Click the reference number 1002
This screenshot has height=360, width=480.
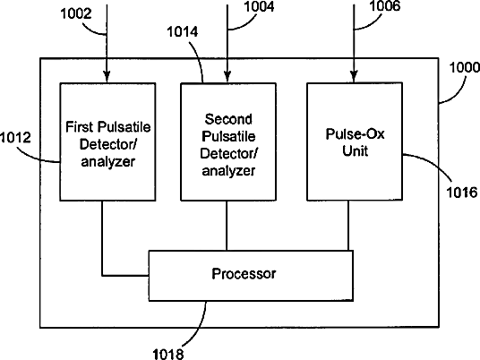(x=76, y=13)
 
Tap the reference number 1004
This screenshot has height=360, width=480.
(x=259, y=6)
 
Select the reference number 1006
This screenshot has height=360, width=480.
(x=385, y=5)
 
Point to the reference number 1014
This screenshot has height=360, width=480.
(x=183, y=32)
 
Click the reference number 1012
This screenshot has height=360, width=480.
(x=15, y=137)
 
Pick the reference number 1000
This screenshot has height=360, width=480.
(x=465, y=67)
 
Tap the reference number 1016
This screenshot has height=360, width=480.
(x=462, y=193)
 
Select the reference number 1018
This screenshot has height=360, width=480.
(x=168, y=354)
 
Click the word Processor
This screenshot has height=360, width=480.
(x=244, y=274)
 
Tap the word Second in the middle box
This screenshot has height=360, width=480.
(x=228, y=119)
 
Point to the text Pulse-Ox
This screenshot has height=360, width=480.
(x=355, y=133)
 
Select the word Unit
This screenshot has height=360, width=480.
(x=355, y=150)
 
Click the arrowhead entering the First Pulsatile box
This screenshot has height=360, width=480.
(x=107, y=77)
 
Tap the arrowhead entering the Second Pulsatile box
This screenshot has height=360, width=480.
(x=227, y=77)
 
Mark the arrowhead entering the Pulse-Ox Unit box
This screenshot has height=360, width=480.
(x=354, y=77)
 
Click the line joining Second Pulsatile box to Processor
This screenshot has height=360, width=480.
(x=227, y=226)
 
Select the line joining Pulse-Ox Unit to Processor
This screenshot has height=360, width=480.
(x=348, y=226)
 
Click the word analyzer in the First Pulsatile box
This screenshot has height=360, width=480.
(x=107, y=161)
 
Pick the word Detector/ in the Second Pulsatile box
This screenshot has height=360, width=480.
(x=228, y=153)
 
